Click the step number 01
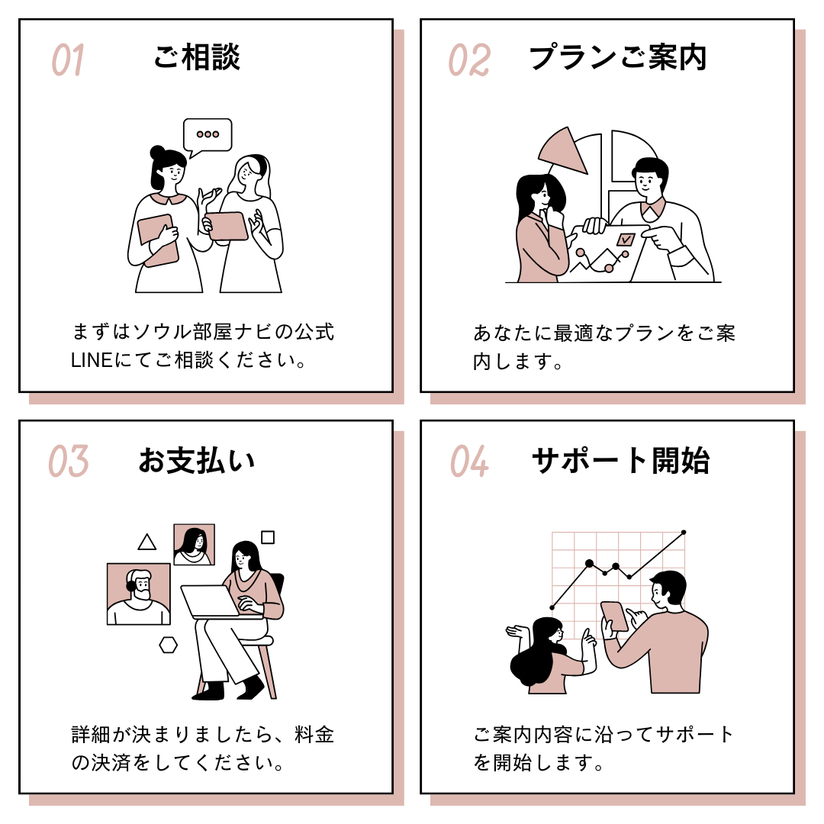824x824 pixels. (68, 60)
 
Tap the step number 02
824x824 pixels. (469, 60)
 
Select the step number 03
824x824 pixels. (69, 461)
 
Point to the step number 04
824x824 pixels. (469, 461)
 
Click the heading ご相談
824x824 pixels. (197, 56)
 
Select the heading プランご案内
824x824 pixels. (618, 56)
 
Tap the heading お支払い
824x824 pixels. (197, 460)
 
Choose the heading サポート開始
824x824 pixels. (620, 460)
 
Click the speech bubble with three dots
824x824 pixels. (208, 136)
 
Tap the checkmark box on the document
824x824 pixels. (626, 240)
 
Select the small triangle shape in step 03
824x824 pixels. (147, 542)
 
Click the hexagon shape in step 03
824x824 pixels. (168, 645)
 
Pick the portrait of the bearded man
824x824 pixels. (139, 594)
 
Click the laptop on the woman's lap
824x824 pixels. (211, 601)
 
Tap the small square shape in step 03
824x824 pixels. (268, 537)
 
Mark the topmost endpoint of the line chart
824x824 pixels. (684, 533)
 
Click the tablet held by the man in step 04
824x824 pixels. (615, 616)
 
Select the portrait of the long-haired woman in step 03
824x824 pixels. (195, 545)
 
